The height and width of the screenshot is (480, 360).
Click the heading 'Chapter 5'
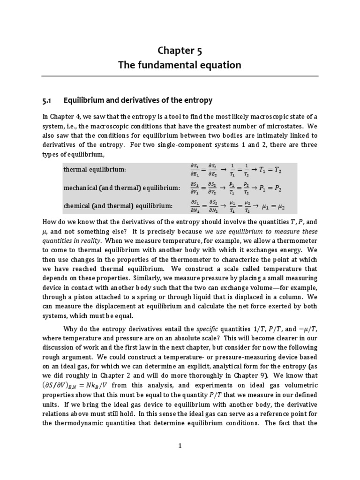(180, 50)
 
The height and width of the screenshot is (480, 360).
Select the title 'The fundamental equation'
(180, 65)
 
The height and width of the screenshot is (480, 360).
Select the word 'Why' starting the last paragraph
(69, 329)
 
